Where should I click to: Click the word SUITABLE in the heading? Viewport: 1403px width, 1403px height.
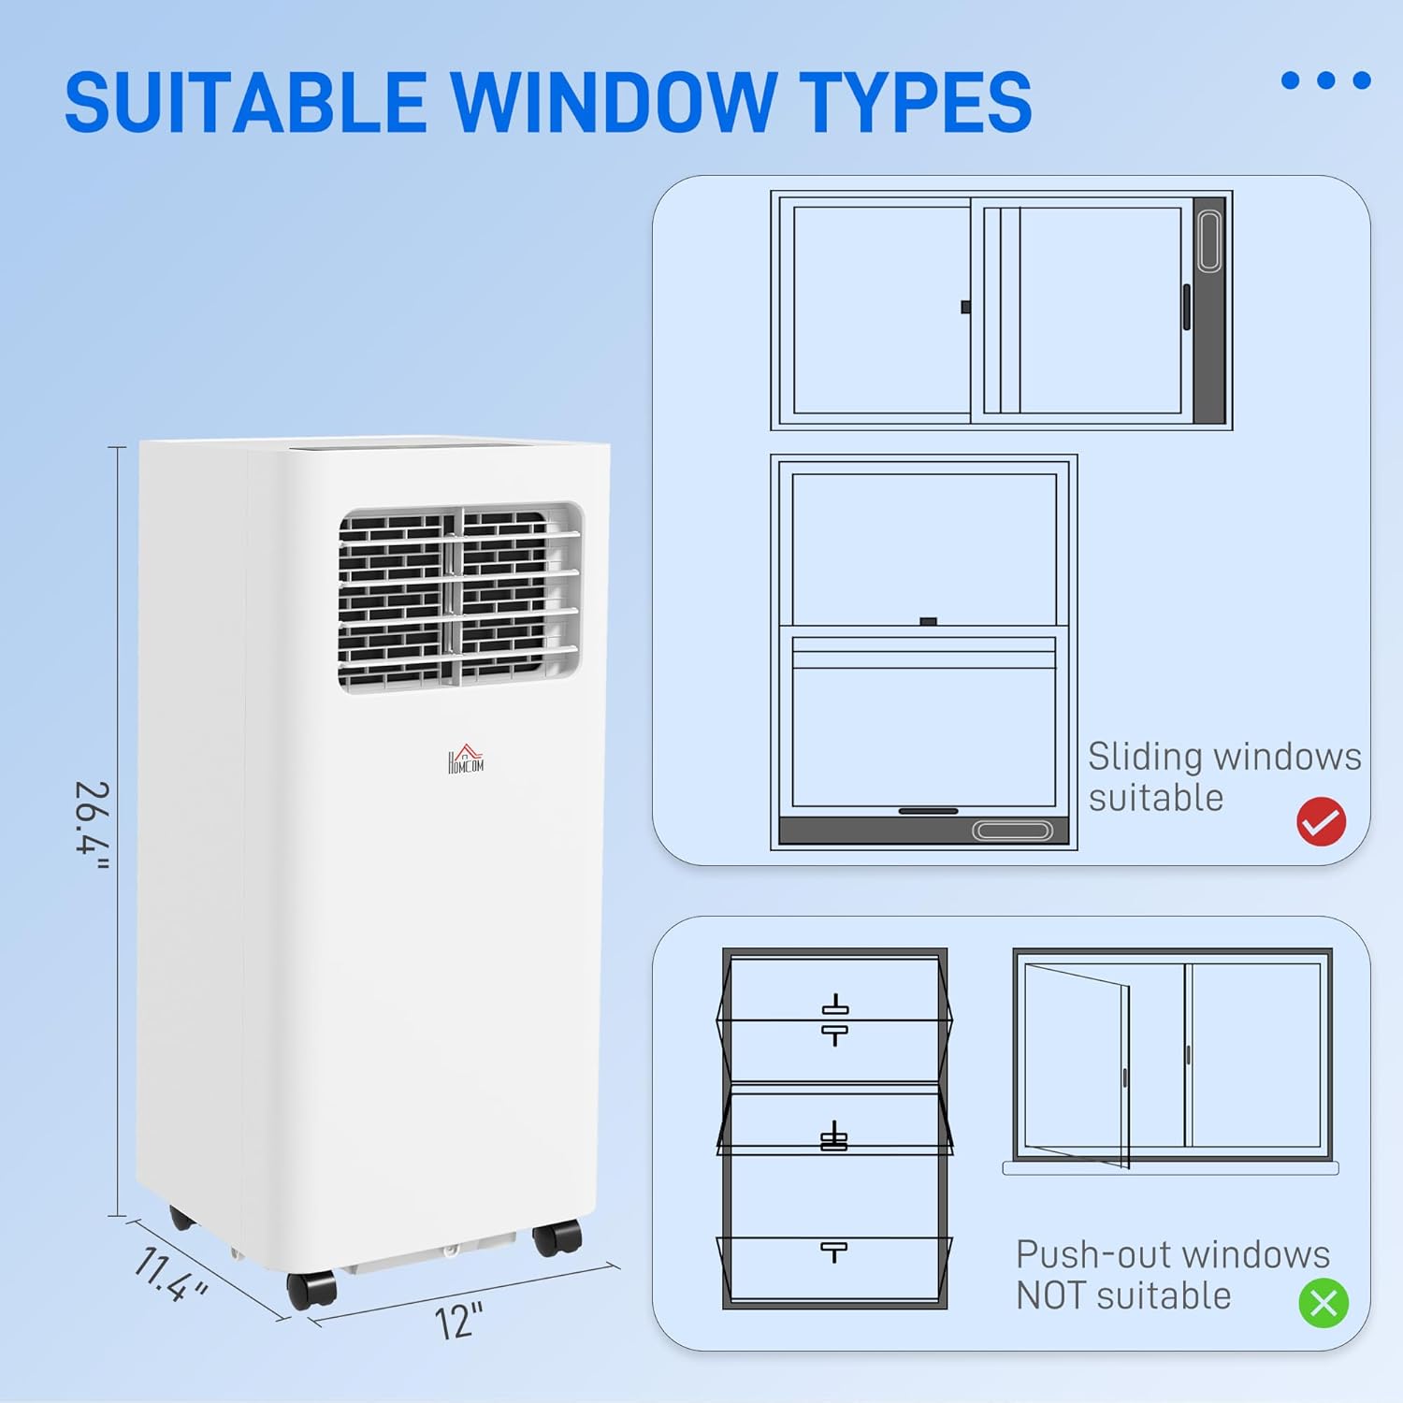(x=245, y=102)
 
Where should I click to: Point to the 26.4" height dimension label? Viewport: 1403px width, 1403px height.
(x=93, y=825)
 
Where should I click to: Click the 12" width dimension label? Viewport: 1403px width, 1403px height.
(x=459, y=1322)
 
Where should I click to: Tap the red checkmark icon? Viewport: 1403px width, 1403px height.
(x=1321, y=822)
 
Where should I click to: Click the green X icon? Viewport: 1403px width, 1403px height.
(x=1323, y=1302)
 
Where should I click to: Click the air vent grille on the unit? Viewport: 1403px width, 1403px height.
(x=459, y=597)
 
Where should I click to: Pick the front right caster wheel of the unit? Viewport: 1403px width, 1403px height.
(x=557, y=1238)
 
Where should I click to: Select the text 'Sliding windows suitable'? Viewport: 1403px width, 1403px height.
(x=1223, y=777)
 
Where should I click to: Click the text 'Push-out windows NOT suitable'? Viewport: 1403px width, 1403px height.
(x=1172, y=1275)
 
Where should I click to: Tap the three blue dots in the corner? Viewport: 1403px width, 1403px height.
(x=1325, y=80)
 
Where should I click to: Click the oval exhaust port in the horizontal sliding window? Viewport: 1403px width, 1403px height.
(x=1208, y=241)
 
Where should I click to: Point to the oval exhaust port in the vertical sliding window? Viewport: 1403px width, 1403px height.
(x=1012, y=831)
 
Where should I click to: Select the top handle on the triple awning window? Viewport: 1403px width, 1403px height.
(x=834, y=1019)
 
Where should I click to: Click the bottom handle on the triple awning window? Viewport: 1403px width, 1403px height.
(x=833, y=1251)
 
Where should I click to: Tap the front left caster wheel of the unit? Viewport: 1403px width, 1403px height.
(x=311, y=1290)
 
